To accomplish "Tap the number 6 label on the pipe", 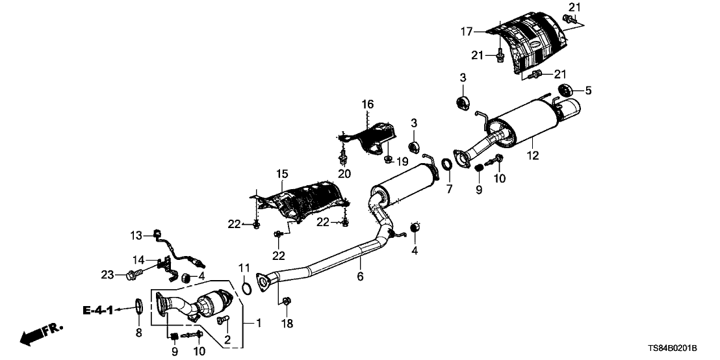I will (359, 277).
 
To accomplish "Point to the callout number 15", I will (281, 175).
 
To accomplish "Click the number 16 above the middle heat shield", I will (368, 104).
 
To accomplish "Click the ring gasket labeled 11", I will (246, 289).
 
